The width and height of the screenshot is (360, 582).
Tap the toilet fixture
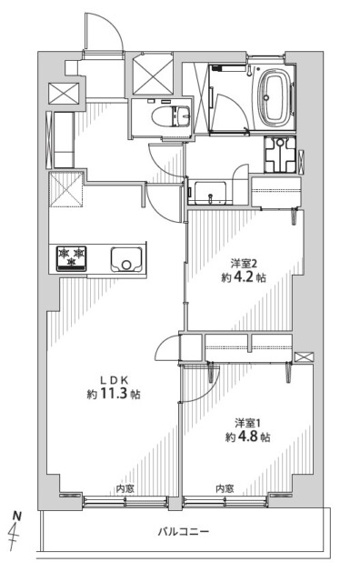click(172, 115)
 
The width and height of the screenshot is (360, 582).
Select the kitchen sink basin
click(127, 258)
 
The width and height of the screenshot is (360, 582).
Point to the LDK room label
click(115, 380)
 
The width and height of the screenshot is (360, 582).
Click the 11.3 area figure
click(113, 394)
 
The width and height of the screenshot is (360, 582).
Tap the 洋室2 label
click(244, 264)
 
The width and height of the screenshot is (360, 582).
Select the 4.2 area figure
click(244, 277)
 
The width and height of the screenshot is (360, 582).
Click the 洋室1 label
click(247, 423)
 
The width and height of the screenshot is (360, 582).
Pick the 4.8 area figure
click(247, 436)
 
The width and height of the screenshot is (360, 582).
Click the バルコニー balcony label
click(184, 532)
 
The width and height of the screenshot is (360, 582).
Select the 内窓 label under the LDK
click(125, 488)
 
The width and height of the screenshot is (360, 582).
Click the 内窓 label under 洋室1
click(225, 488)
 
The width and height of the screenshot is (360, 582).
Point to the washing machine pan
click(280, 155)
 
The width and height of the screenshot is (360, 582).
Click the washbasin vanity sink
click(210, 193)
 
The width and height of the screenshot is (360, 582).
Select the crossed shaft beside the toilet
click(153, 73)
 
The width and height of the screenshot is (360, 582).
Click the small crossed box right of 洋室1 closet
click(304, 357)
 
